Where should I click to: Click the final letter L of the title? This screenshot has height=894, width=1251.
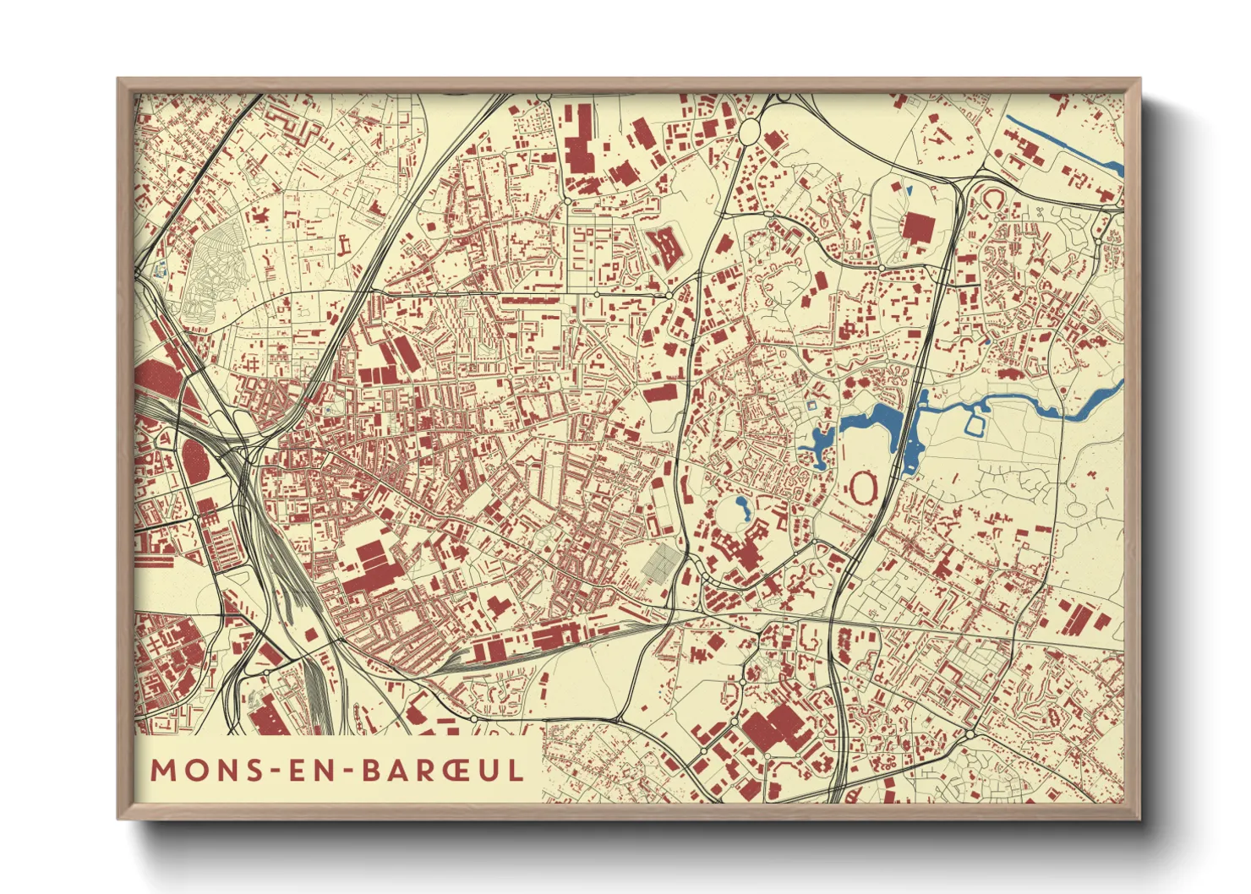pyautogui.click(x=514, y=770)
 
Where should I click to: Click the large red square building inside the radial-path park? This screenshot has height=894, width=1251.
pyautogui.click(x=916, y=226)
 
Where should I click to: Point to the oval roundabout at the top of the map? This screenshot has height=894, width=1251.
pyautogui.click(x=750, y=130)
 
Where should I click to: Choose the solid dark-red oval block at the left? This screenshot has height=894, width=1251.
pyautogui.click(x=196, y=459)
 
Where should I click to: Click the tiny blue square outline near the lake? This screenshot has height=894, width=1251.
pyautogui.click(x=812, y=406)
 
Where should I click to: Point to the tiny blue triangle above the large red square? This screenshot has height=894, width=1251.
pyautogui.click(x=908, y=188)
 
